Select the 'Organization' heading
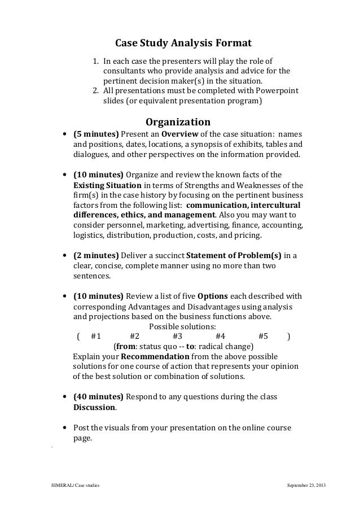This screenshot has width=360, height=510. [x=178, y=122]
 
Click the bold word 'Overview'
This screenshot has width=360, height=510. [x=180, y=134]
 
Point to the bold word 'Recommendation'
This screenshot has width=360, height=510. [x=155, y=357]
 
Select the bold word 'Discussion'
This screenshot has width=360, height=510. [x=95, y=407]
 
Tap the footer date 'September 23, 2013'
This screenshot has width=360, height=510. [x=306, y=486]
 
